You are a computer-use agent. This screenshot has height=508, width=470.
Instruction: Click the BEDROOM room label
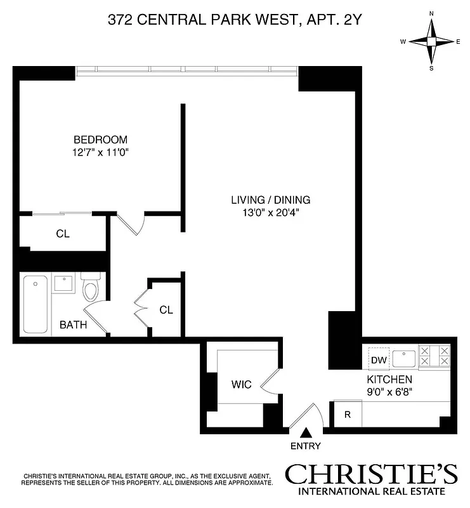coord(100,140)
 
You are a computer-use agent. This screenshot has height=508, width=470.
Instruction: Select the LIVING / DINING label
coord(270,200)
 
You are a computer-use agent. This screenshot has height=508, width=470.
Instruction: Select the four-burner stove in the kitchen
coord(434,356)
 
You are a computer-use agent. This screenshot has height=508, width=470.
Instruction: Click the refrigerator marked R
coord(347,415)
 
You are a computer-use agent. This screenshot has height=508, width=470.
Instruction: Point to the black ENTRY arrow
coord(306,433)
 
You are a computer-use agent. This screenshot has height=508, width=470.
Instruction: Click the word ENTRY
coord(306,446)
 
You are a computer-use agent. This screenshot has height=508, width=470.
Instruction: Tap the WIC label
coord(241,385)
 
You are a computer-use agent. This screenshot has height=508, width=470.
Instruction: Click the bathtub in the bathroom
coord(36,304)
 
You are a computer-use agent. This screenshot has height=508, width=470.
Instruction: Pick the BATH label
coord(73,325)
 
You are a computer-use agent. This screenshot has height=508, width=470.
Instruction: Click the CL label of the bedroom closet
coord(62,234)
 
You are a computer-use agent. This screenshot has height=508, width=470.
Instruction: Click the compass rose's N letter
coord(431,13)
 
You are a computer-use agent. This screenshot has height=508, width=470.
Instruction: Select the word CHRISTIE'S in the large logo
coord(370,475)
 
